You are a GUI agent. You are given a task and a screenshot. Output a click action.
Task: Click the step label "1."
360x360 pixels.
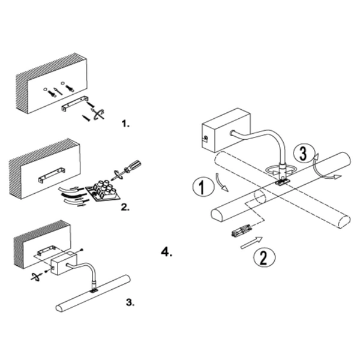click(x=125, y=124)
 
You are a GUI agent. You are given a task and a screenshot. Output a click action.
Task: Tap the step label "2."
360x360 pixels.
click(x=125, y=207)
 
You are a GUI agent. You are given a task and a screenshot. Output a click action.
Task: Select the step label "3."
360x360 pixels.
click(x=130, y=302)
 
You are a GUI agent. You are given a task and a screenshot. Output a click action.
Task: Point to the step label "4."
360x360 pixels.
click(x=167, y=253)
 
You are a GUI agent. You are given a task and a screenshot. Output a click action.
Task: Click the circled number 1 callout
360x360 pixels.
click(x=202, y=187)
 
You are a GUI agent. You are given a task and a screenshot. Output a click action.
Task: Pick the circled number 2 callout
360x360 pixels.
click(x=264, y=257)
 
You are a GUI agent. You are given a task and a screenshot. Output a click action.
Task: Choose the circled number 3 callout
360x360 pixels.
click(x=303, y=153)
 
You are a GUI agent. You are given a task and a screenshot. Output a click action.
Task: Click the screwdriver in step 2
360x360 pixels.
click(x=126, y=170)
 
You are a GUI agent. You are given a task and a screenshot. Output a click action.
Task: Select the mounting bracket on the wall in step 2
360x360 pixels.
click(x=52, y=175)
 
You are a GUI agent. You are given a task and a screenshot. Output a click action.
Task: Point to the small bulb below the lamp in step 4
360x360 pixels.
click(x=241, y=231)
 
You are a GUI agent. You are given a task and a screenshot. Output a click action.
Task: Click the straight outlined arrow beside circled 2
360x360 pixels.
click(x=251, y=242)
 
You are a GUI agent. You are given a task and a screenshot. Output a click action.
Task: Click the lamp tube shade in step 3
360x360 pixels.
click(x=93, y=293)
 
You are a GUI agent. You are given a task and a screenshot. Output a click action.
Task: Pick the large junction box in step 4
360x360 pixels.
click(x=226, y=130)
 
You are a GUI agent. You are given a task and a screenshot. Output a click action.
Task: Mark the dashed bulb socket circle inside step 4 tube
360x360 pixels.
click(x=260, y=197)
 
